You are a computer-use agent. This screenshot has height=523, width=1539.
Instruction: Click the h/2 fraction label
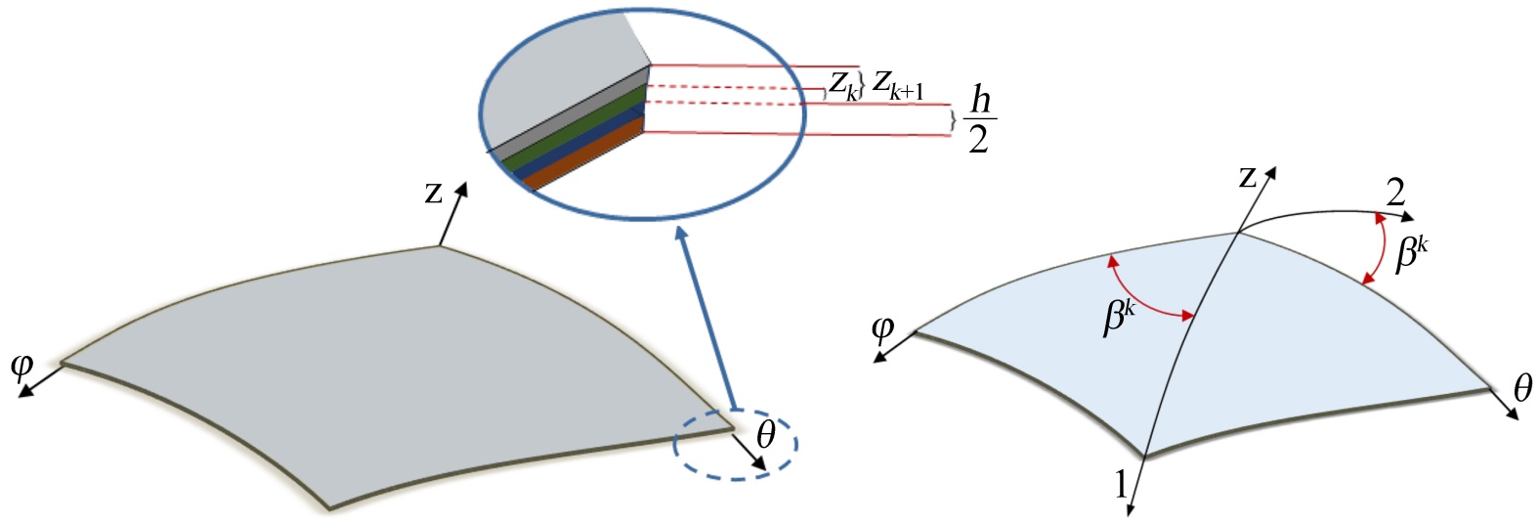coord(979,119)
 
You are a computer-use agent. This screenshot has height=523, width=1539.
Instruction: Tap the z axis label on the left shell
coord(433,193)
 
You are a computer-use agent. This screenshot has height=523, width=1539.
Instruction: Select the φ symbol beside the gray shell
coord(21,368)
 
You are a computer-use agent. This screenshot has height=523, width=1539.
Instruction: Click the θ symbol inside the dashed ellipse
coord(765,433)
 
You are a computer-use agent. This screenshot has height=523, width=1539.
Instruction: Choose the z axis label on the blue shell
coord(1247,177)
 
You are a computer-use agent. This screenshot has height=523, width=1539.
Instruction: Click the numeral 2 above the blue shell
coord(1395,192)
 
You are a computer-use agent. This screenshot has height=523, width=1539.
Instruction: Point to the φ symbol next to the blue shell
coord(881,328)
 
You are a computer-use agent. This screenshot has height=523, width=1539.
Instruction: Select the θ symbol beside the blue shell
coord(1522,389)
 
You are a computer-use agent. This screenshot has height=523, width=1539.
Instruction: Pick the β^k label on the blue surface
coord(1118,317)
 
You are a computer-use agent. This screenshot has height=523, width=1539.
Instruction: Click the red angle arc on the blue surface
coord(1144,294)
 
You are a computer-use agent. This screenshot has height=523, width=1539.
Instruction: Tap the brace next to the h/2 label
coord(954,120)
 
